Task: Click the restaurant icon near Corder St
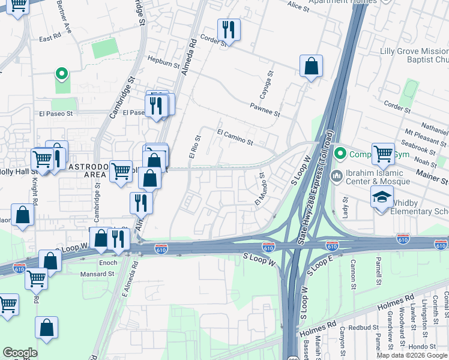228,28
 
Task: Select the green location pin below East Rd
61,74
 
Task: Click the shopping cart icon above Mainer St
382,153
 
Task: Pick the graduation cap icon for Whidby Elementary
382,198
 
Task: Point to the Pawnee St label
265,109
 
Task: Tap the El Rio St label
194,147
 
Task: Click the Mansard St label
97,274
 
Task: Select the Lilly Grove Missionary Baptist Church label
414,56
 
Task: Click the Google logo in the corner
19,352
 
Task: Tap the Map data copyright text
412,355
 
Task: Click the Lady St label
345,205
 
